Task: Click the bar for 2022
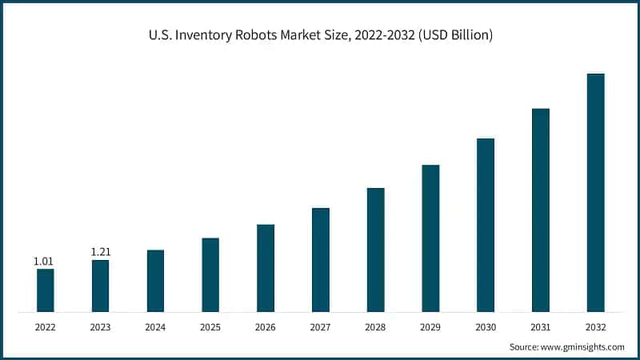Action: [x=46, y=290]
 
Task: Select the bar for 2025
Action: [x=210, y=274]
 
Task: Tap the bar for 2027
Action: [x=321, y=259]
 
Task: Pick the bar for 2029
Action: [x=430, y=238]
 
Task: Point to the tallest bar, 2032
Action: [x=595, y=192]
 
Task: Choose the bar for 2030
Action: [x=486, y=225]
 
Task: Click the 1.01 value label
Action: [x=43, y=261]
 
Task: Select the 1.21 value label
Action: [x=100, y=252]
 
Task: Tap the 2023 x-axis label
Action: [x=100, y=327]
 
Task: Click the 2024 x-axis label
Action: [x=155, y=327]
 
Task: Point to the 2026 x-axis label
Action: [x=266, y=327]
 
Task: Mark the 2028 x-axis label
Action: [x=375, y=327]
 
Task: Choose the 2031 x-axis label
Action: [x=541, y=327]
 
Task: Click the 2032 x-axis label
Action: [x=595, y=327]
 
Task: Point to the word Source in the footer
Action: [x=526, y=346]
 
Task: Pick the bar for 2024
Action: [x=155, y=281]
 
